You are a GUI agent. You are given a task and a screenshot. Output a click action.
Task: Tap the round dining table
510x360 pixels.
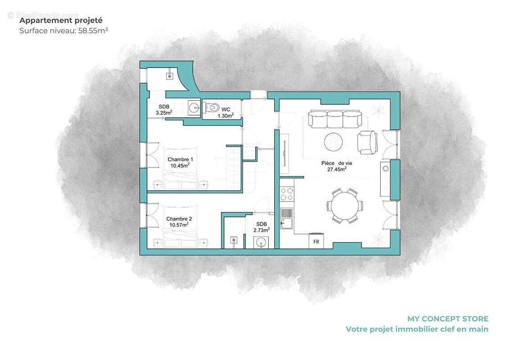345,206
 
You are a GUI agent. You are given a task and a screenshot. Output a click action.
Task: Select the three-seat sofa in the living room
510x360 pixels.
334,119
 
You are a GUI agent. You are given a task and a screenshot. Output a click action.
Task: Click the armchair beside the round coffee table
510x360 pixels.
366,142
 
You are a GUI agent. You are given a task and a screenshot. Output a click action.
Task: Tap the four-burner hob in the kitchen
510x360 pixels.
287,193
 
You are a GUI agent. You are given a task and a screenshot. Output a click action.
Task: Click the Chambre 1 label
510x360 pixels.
180,159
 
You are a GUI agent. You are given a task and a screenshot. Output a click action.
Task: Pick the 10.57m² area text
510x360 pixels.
179,225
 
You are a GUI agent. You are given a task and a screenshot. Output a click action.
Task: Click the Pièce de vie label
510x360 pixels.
337,163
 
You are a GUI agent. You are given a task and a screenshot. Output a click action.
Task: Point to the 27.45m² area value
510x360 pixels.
337,170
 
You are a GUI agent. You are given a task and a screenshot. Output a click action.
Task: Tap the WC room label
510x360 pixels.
226,109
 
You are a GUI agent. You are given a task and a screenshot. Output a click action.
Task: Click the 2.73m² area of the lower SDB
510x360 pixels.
262,229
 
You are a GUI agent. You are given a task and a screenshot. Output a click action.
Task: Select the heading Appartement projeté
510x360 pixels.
61,20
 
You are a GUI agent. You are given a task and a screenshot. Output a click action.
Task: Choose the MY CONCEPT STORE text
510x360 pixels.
447,319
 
